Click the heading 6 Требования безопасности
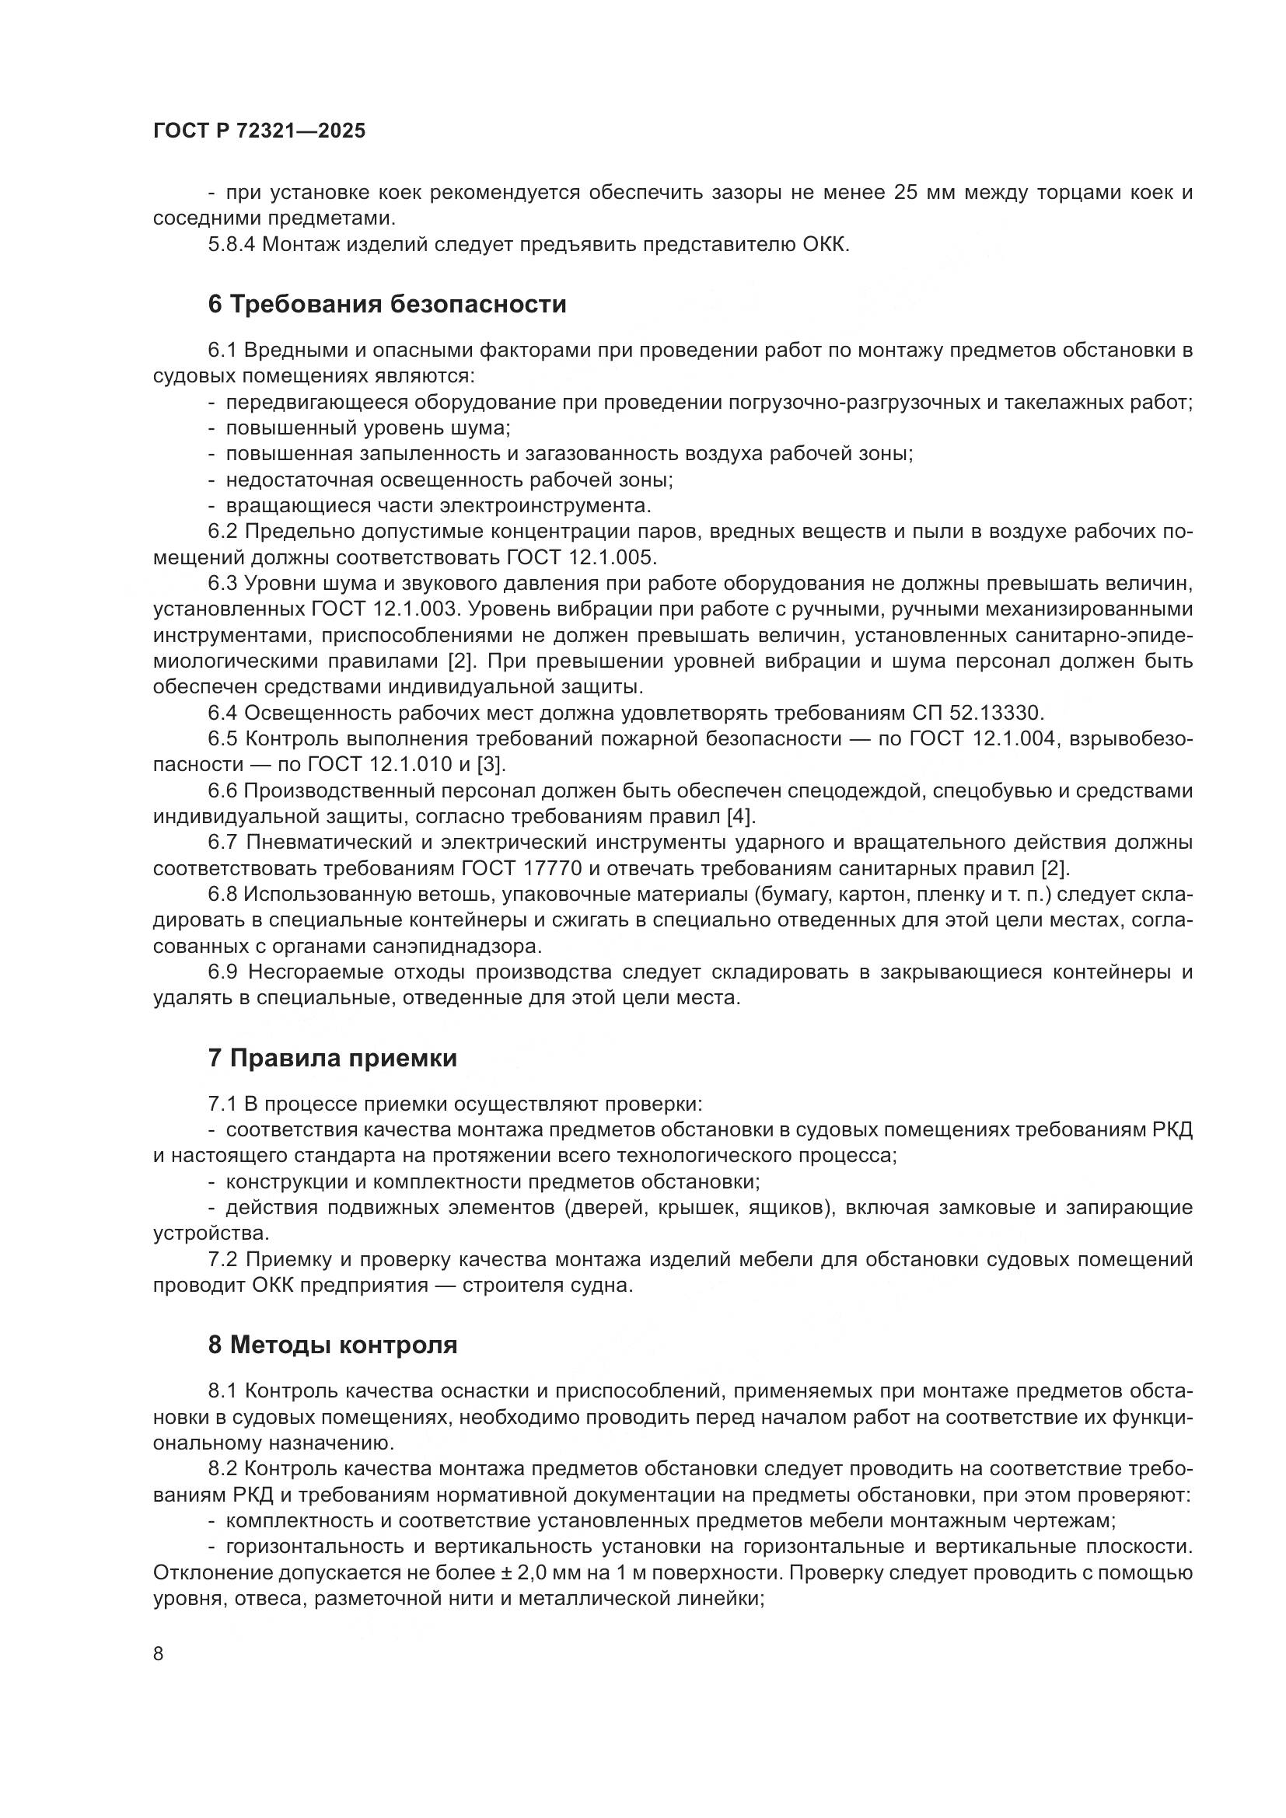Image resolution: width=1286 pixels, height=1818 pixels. point(386,304)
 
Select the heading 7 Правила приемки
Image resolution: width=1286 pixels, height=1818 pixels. point(332,1058)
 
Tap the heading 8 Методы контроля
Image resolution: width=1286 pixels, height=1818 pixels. point(332,1345)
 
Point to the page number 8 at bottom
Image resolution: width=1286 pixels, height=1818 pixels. point(159,1653)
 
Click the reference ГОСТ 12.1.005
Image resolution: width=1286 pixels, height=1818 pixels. point(580,557)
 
